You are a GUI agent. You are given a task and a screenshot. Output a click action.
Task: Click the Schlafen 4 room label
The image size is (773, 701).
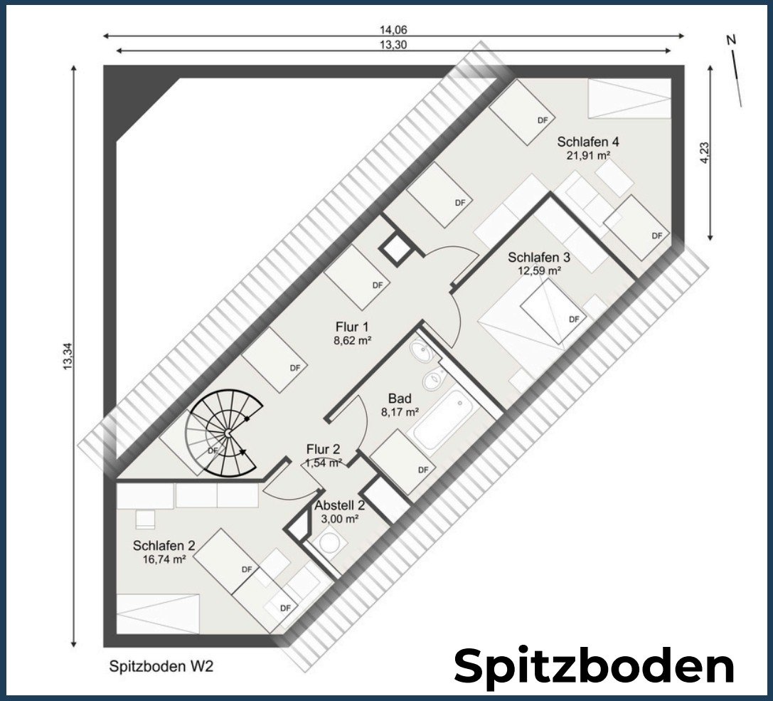588,142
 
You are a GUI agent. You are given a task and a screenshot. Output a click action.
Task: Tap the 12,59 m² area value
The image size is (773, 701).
539,270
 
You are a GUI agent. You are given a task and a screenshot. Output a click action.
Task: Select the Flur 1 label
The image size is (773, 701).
352,327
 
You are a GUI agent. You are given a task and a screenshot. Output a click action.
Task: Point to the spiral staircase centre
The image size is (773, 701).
228,433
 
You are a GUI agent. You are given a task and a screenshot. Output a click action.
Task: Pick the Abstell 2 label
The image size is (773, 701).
340,506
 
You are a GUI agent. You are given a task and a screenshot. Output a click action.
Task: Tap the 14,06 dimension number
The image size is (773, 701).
393,30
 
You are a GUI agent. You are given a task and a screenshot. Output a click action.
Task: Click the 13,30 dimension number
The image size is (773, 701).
393,45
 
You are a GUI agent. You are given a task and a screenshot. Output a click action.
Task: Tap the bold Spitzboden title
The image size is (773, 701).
594,666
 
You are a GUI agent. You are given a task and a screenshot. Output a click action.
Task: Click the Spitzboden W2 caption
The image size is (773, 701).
161,666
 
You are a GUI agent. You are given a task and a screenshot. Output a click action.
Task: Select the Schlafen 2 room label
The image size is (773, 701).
164,546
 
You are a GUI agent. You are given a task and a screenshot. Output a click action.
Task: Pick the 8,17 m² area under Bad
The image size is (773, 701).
400,412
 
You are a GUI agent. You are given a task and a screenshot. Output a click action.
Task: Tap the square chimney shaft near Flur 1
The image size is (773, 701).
395,248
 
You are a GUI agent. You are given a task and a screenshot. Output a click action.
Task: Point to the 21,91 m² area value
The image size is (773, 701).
588,155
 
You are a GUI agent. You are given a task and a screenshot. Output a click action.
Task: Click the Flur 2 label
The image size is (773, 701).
323,449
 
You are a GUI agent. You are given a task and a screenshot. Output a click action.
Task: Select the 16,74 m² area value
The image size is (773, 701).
164,559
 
